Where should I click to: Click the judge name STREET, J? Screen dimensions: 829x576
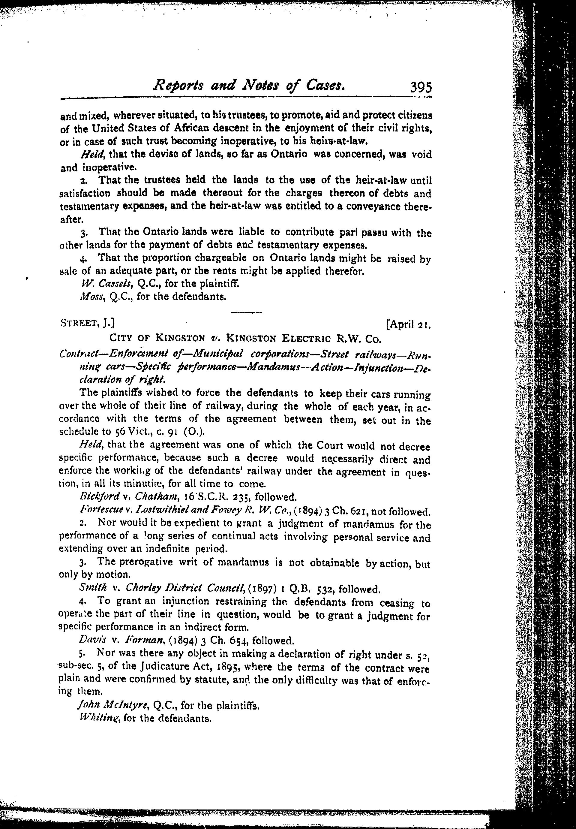click(87, 322)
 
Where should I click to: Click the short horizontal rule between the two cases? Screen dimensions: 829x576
click(247, 312)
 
